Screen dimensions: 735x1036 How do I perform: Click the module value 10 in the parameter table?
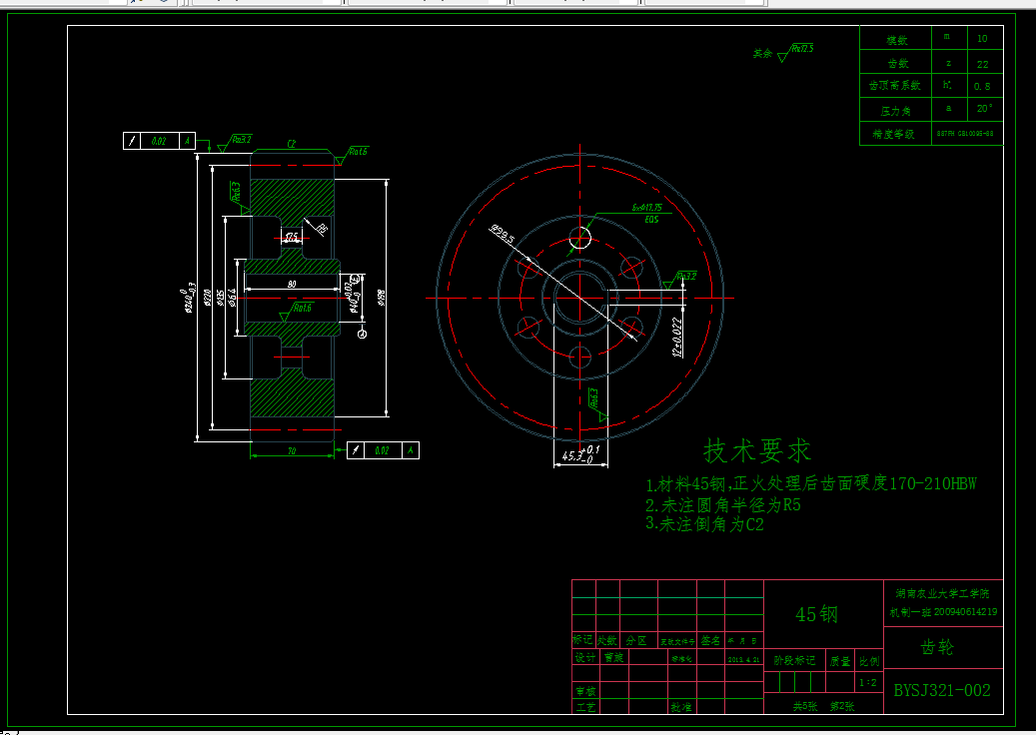pyautogui.click(x=982, y=38)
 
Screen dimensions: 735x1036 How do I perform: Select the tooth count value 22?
pyautogui.click(x=982, y=64)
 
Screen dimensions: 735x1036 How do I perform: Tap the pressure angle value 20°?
pyautogui.click(x=983, y=108)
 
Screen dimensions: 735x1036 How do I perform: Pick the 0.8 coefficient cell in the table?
pyautogui.click(x=982, y=87)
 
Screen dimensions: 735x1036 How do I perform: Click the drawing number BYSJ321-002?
pyautogui.click(x=942, y=690)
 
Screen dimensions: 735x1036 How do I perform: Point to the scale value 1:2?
pyautogui.click(x=869, y=683)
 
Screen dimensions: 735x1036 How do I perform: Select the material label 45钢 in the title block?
pyautogui.click(x=815, y=615)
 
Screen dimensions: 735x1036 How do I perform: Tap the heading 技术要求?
pyautogui.click(x=758, y=451)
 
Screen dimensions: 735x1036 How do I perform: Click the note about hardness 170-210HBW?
pyautogui.click(x=810, y=484)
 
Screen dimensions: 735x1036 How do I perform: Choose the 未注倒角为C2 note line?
pyautogui.click(x=705, y=523)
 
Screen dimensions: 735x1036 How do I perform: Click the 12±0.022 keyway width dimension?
pyautogui.click(x=676, y=339)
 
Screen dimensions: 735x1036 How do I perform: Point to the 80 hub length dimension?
pyautogui.click(x=292, y=285)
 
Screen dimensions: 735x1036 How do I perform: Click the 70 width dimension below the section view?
pyautogui.click(x=292, y=451)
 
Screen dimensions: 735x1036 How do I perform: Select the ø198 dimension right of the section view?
pyautogui.click(x=381, y=297)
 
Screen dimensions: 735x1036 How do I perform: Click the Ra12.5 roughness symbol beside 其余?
pyautogui.click(x=799, y=50)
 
